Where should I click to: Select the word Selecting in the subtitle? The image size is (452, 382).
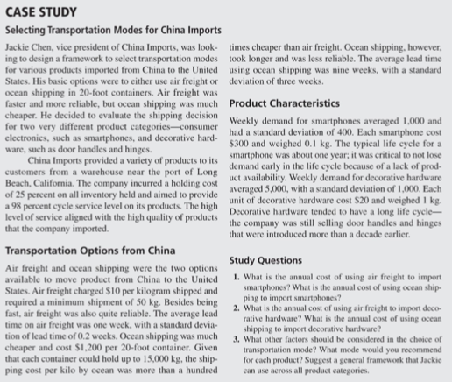29,30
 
